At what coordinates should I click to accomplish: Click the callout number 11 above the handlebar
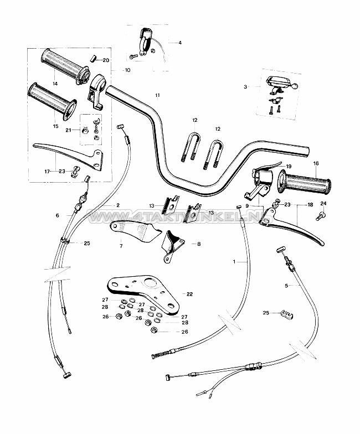coord(157,96)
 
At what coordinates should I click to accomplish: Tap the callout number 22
coord(189,294)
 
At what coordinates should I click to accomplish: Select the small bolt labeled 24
coord(323,218)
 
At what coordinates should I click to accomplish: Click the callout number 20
coord(106,59)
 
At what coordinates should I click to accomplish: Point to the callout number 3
coord(245,86)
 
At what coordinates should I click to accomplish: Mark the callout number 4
coord(179,42)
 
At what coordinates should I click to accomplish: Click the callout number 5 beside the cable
coord(286,286)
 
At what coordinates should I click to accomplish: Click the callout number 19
coord(288,166)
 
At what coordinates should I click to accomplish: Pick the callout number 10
coord(127,70)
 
